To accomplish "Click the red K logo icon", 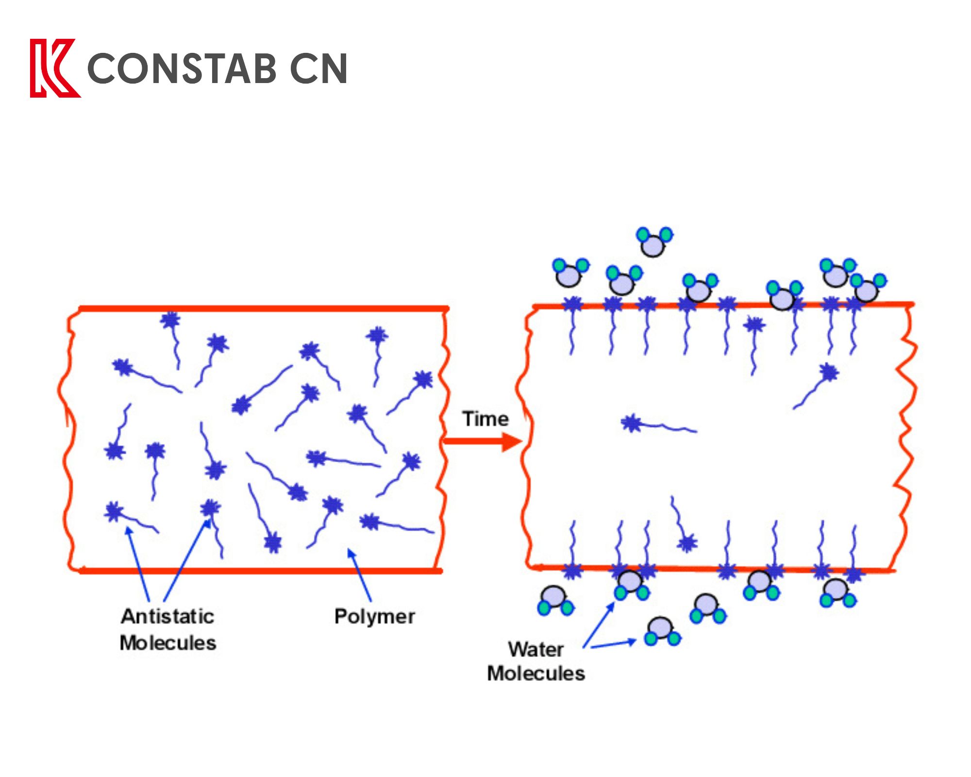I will click(53, 68).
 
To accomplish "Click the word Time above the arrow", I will click(485, 419).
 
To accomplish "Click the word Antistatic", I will click(167, 616).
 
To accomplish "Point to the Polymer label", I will click(374, 616).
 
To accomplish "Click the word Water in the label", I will click(536, 649).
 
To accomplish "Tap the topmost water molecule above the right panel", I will click(653, 242).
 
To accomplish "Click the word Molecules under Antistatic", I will click(168, 643).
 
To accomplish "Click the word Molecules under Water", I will click(536, 674).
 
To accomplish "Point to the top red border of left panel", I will click(262, 308).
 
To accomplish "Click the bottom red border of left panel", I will click(262, 571).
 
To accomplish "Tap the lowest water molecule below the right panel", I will click(662, 631).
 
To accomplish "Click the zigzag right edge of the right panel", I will click(906, 437).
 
